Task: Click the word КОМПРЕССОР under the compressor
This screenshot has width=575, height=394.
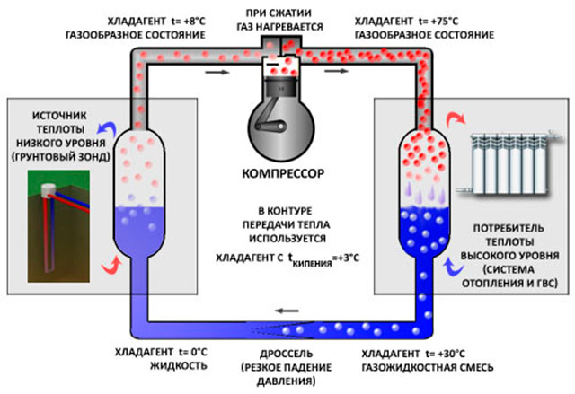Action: (x=283, y=173)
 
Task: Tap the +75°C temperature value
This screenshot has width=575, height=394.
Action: (x=446, y=22)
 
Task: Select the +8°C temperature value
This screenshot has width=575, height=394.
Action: (x=194, y=22)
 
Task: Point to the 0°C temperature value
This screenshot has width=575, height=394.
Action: (x=198, y=352)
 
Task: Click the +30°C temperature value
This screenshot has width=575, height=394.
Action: (x=452, y=355)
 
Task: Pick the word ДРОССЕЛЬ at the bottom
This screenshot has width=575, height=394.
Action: (x=286, y=355)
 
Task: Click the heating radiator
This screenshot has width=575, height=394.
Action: (x=509, y=163)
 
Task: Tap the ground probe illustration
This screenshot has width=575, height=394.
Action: (x=58, y=226)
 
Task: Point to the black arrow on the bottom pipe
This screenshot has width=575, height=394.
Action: (x=287, y=311)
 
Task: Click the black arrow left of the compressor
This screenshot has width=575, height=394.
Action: (x=217, y=72)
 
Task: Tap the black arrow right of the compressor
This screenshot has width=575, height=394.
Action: (x=336, y=71)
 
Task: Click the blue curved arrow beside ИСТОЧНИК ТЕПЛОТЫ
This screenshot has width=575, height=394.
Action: (x=107, y=127)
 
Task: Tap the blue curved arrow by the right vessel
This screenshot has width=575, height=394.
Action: (x=454, y=267)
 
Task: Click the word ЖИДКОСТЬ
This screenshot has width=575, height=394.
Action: (x=179, y=366)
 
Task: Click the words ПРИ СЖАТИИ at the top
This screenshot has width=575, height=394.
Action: (x=279, y=13)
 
